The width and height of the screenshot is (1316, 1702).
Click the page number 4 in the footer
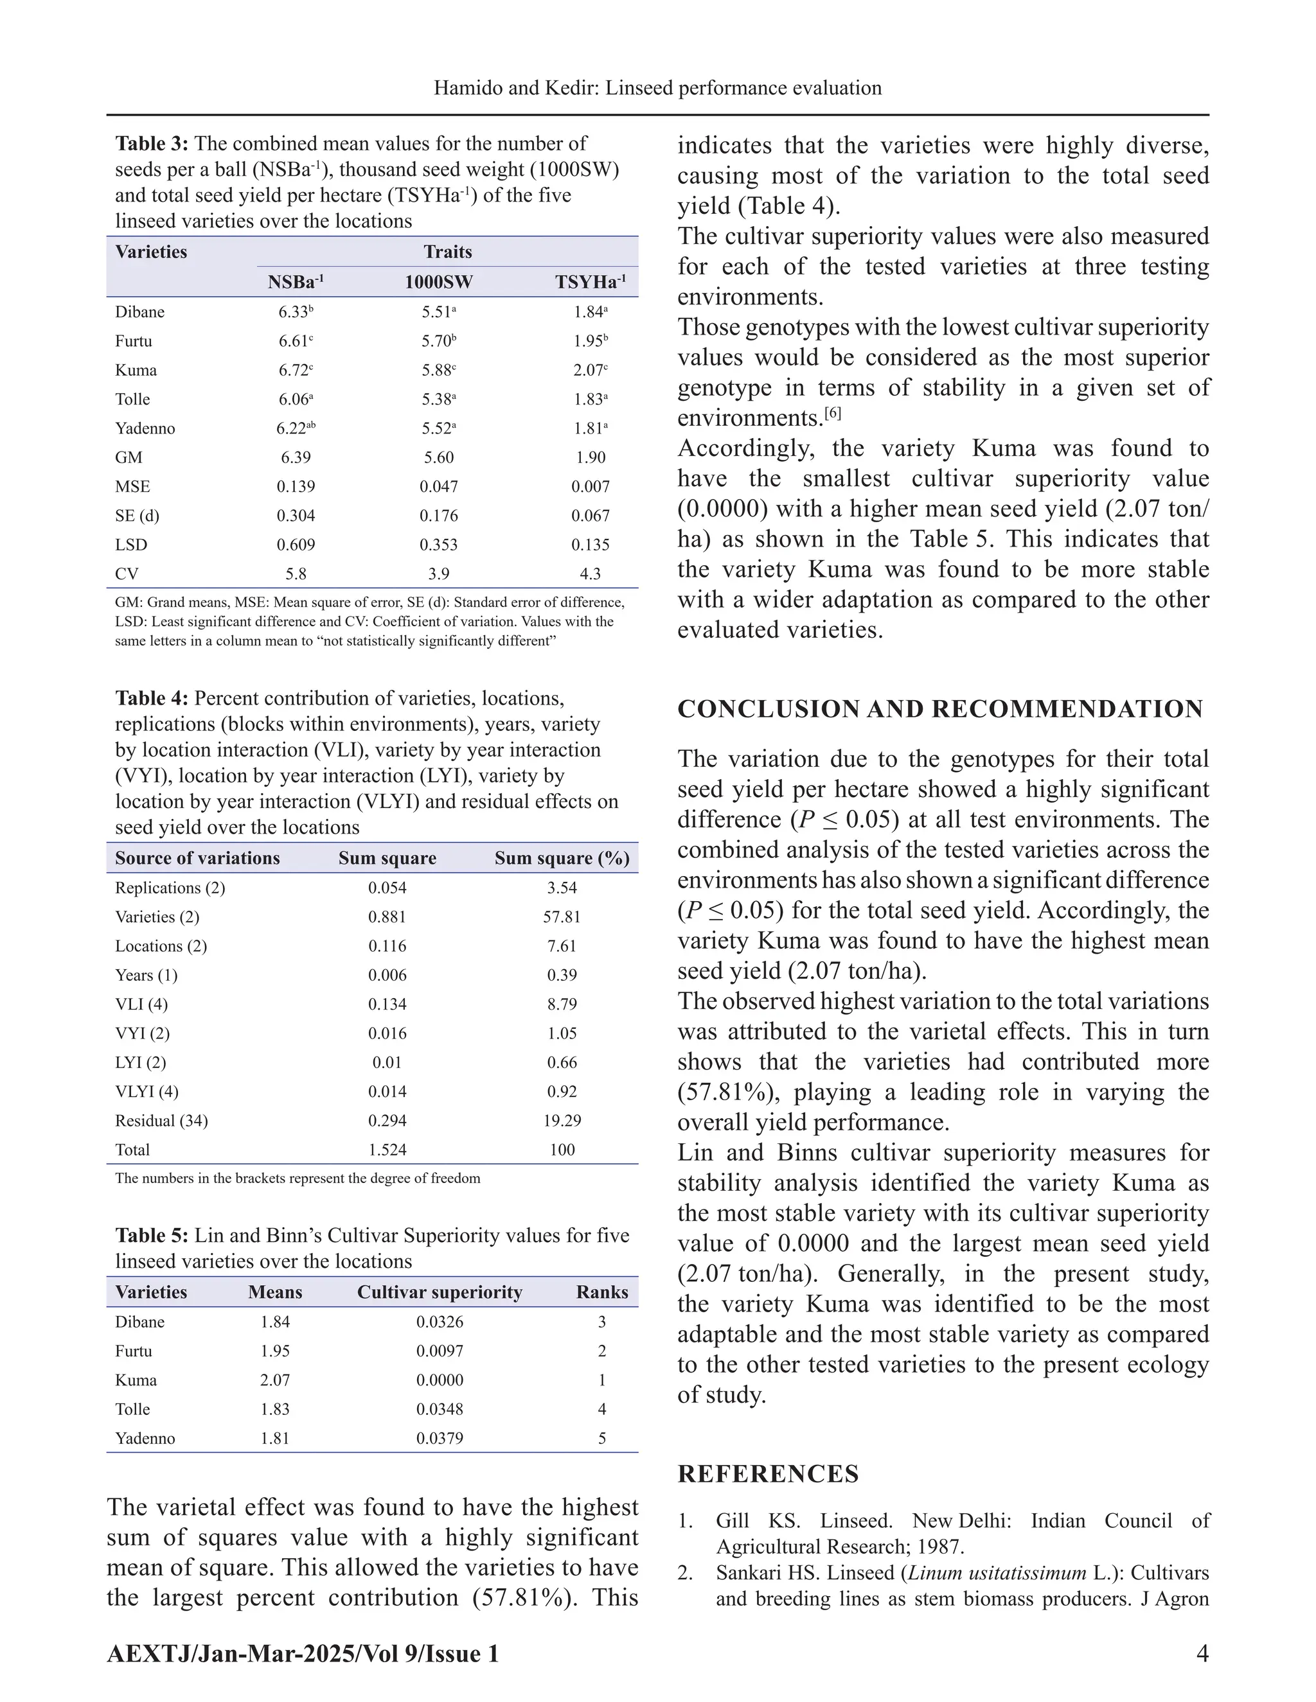click(1202, 1653)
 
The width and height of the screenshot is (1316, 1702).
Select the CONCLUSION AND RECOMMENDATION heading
click(940, 709)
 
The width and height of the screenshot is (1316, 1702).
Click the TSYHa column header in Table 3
click(590, 282)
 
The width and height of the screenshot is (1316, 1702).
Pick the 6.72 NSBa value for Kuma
click(296, 370)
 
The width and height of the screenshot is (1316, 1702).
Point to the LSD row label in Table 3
click(131, 545)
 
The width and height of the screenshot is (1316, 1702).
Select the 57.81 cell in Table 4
click(562, 917)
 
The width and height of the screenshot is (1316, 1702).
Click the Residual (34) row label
click(161, 1121)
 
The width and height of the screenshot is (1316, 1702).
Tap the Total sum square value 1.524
click(387, 1150)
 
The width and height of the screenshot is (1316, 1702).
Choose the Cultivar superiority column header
click(439, 1292)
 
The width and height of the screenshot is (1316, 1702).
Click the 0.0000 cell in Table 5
click(439, 1380)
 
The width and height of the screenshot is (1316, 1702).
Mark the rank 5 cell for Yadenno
click(602, 1438)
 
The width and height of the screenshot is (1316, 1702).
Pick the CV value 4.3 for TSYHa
click(590, 574)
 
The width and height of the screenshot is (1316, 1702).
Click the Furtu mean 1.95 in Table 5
click(274, 1351)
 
